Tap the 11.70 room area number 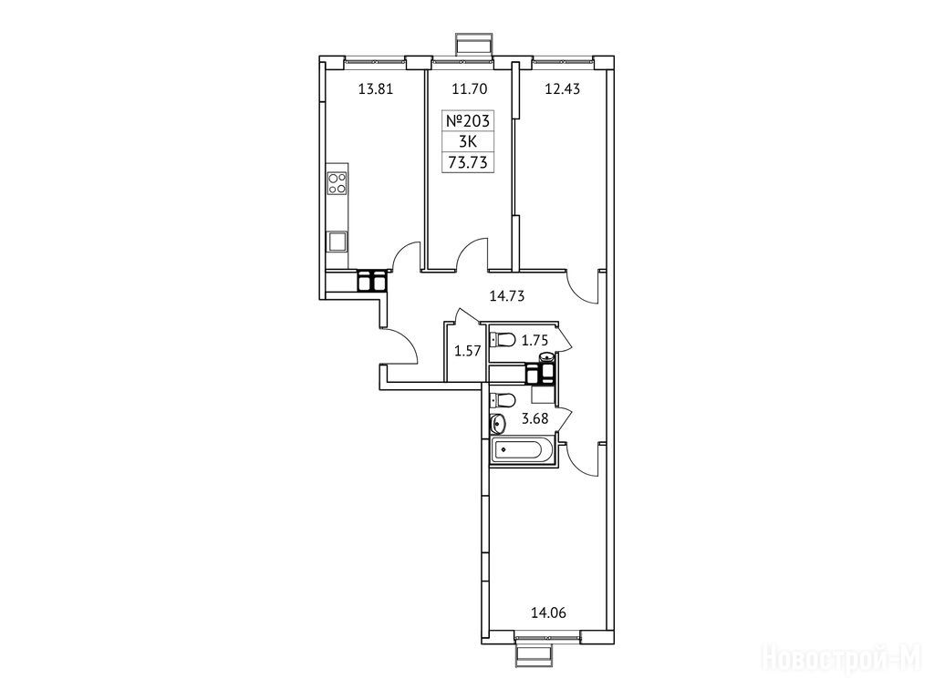[x=470, y=90]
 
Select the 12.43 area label [x=562, y=90]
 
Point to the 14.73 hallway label [x=507, y=296]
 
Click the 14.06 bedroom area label [x=548, y=612]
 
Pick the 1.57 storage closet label [x=467, y=351]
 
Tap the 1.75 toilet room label [x=534, y=341]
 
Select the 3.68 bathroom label [x=534, y=419]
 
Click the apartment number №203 [x=468, y=121]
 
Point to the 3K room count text [x=468, y=141]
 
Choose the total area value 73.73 [x=468, y=162]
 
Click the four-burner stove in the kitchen [x=337, y=182]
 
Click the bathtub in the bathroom [x=523, y=450]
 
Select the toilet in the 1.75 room [x=503, y=341]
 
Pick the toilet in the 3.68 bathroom [x=503, y=399]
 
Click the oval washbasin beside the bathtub [x=498, y=425]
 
